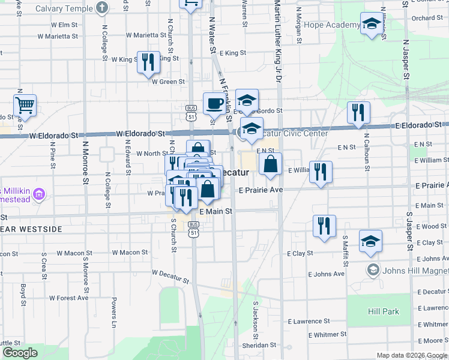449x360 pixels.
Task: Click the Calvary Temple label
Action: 64,8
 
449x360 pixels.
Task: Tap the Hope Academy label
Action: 332,25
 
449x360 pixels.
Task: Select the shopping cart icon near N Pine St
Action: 25,106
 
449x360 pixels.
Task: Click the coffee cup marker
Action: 214,104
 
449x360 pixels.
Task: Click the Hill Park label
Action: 384,312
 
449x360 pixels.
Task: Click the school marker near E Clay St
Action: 371,241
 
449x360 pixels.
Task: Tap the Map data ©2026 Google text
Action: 411,355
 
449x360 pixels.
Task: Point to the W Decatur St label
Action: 170,277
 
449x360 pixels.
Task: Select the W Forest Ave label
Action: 69,298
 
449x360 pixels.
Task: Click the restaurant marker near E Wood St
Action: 324,226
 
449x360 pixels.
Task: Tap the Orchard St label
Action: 427,18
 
